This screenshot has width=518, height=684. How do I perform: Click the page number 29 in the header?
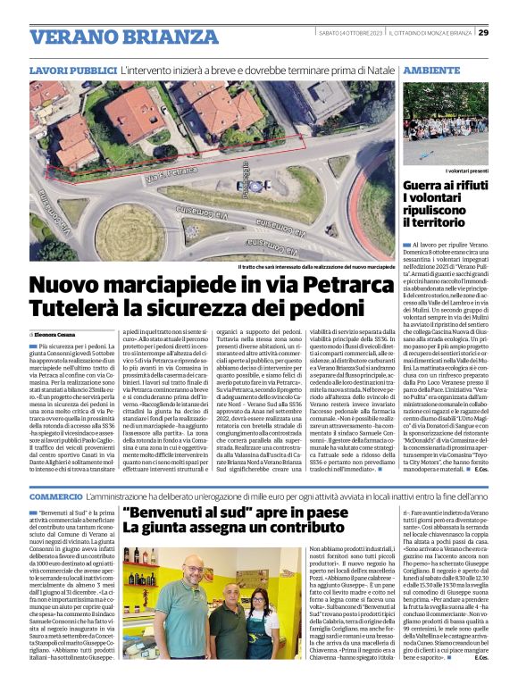[x=507, y=33]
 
